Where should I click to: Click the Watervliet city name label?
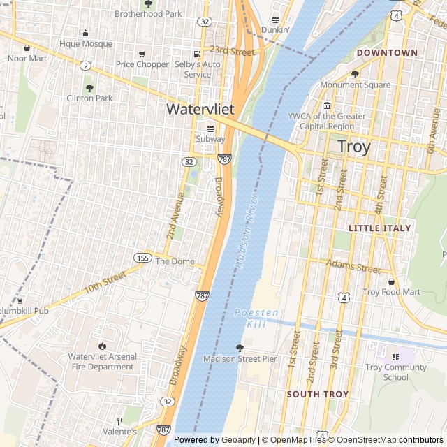[200, 110]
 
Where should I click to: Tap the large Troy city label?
[353, 147]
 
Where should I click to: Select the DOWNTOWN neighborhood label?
[387, 52]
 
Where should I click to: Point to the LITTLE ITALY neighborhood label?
[380, 228]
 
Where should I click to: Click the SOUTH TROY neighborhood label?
[317, 394]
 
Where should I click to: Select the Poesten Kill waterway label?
[256, 318]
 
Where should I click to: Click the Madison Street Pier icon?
[240, 347]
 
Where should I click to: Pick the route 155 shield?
[142, 257]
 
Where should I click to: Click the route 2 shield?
[85, 65]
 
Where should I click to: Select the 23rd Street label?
[232, 52]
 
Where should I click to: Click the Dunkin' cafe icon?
[275, 20]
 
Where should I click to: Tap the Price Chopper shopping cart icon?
[142, 54]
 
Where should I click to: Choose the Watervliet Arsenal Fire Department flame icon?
[102, 346]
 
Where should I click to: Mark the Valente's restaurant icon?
[119, 421]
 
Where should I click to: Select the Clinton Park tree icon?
[89, 88]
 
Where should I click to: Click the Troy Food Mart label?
[391, 292]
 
